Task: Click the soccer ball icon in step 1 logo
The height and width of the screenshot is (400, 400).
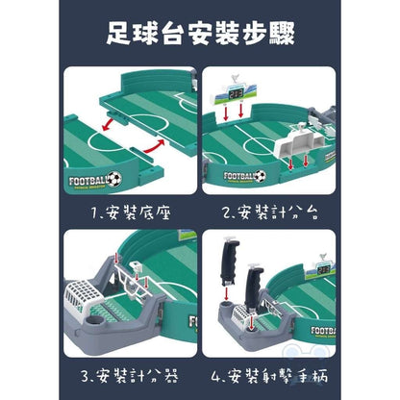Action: (115, 179)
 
